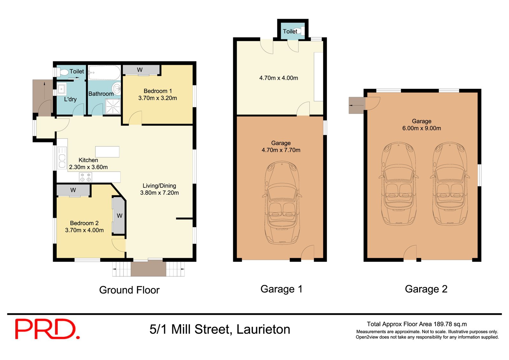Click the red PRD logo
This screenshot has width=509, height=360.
pos(47,329)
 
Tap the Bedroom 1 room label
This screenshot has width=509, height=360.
pos(157,91)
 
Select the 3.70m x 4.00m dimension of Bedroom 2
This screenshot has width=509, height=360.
pos(84,230)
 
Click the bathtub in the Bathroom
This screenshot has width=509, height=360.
pos(104,73)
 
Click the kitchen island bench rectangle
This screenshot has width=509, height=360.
pos(107,152)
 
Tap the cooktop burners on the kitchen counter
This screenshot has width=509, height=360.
pos(85,177)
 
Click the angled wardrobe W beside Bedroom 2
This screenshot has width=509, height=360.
pos(119,216)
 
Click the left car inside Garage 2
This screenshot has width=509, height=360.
pos(399,184)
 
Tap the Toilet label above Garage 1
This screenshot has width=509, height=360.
pos(290,31)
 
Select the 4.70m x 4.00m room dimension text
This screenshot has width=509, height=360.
pos(279,78)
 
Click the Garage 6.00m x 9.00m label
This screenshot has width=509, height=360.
pos(422,125)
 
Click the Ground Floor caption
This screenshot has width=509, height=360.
pos(129,290)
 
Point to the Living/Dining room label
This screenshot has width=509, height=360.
pos(159,186)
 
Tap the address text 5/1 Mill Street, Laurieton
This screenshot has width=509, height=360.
pos(220,329)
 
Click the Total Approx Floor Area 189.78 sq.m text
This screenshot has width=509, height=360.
pos(417,324)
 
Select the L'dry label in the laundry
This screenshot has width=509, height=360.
pos(70,99)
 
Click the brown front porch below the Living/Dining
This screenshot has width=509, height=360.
pos(149,268)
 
